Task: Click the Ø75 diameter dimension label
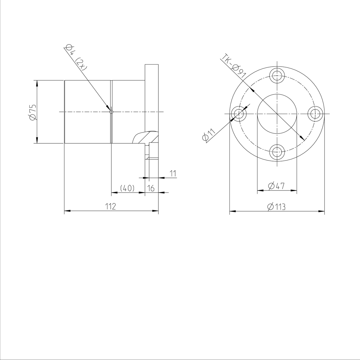[32, 112]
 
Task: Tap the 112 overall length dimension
[110, 206]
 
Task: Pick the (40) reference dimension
[127, 188]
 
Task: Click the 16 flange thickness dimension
[151, 188]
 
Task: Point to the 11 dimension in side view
[172, 173]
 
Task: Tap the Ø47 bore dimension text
[276, 186]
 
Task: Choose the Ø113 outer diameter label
[276, 207]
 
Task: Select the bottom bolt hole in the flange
[277, 152]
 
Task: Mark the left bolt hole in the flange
[238, 114]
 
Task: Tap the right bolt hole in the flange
[316, 114]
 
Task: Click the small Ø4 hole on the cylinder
[111, 112]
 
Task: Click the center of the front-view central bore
[277, 114]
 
